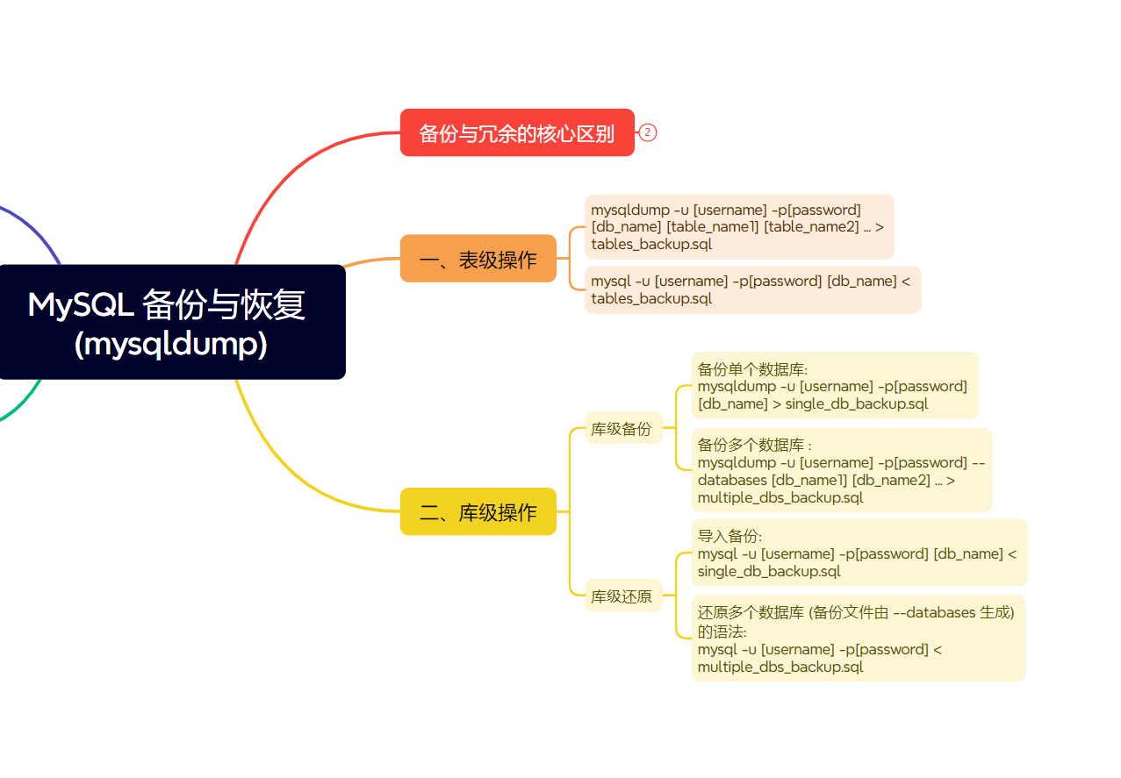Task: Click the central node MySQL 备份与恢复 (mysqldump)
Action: click(x=171, y=322)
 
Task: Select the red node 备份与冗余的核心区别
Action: click(x=517, y=133)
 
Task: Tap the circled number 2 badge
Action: click(x=648, y=133)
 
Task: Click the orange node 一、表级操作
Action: click(x=478, y=259)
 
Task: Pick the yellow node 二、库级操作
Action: click(x=478, y=511)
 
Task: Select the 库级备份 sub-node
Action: click(x=622, y=428)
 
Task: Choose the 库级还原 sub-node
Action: click(x=622, y=596)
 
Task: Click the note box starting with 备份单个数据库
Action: click(x=834, y=386)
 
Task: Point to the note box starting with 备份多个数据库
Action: click(x=841, y=470)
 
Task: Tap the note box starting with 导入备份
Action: click(x=859, y=553)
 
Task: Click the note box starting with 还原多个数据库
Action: click(x=858, y=638)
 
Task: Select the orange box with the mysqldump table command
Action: click(x=738, y=226)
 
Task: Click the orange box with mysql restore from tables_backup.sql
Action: click(x=752, y=289)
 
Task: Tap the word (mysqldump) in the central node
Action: click(x=171, y=345)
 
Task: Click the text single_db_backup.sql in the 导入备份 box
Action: click(x=769, y=571)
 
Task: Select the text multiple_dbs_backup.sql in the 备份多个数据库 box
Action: click(x=780, y=497)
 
